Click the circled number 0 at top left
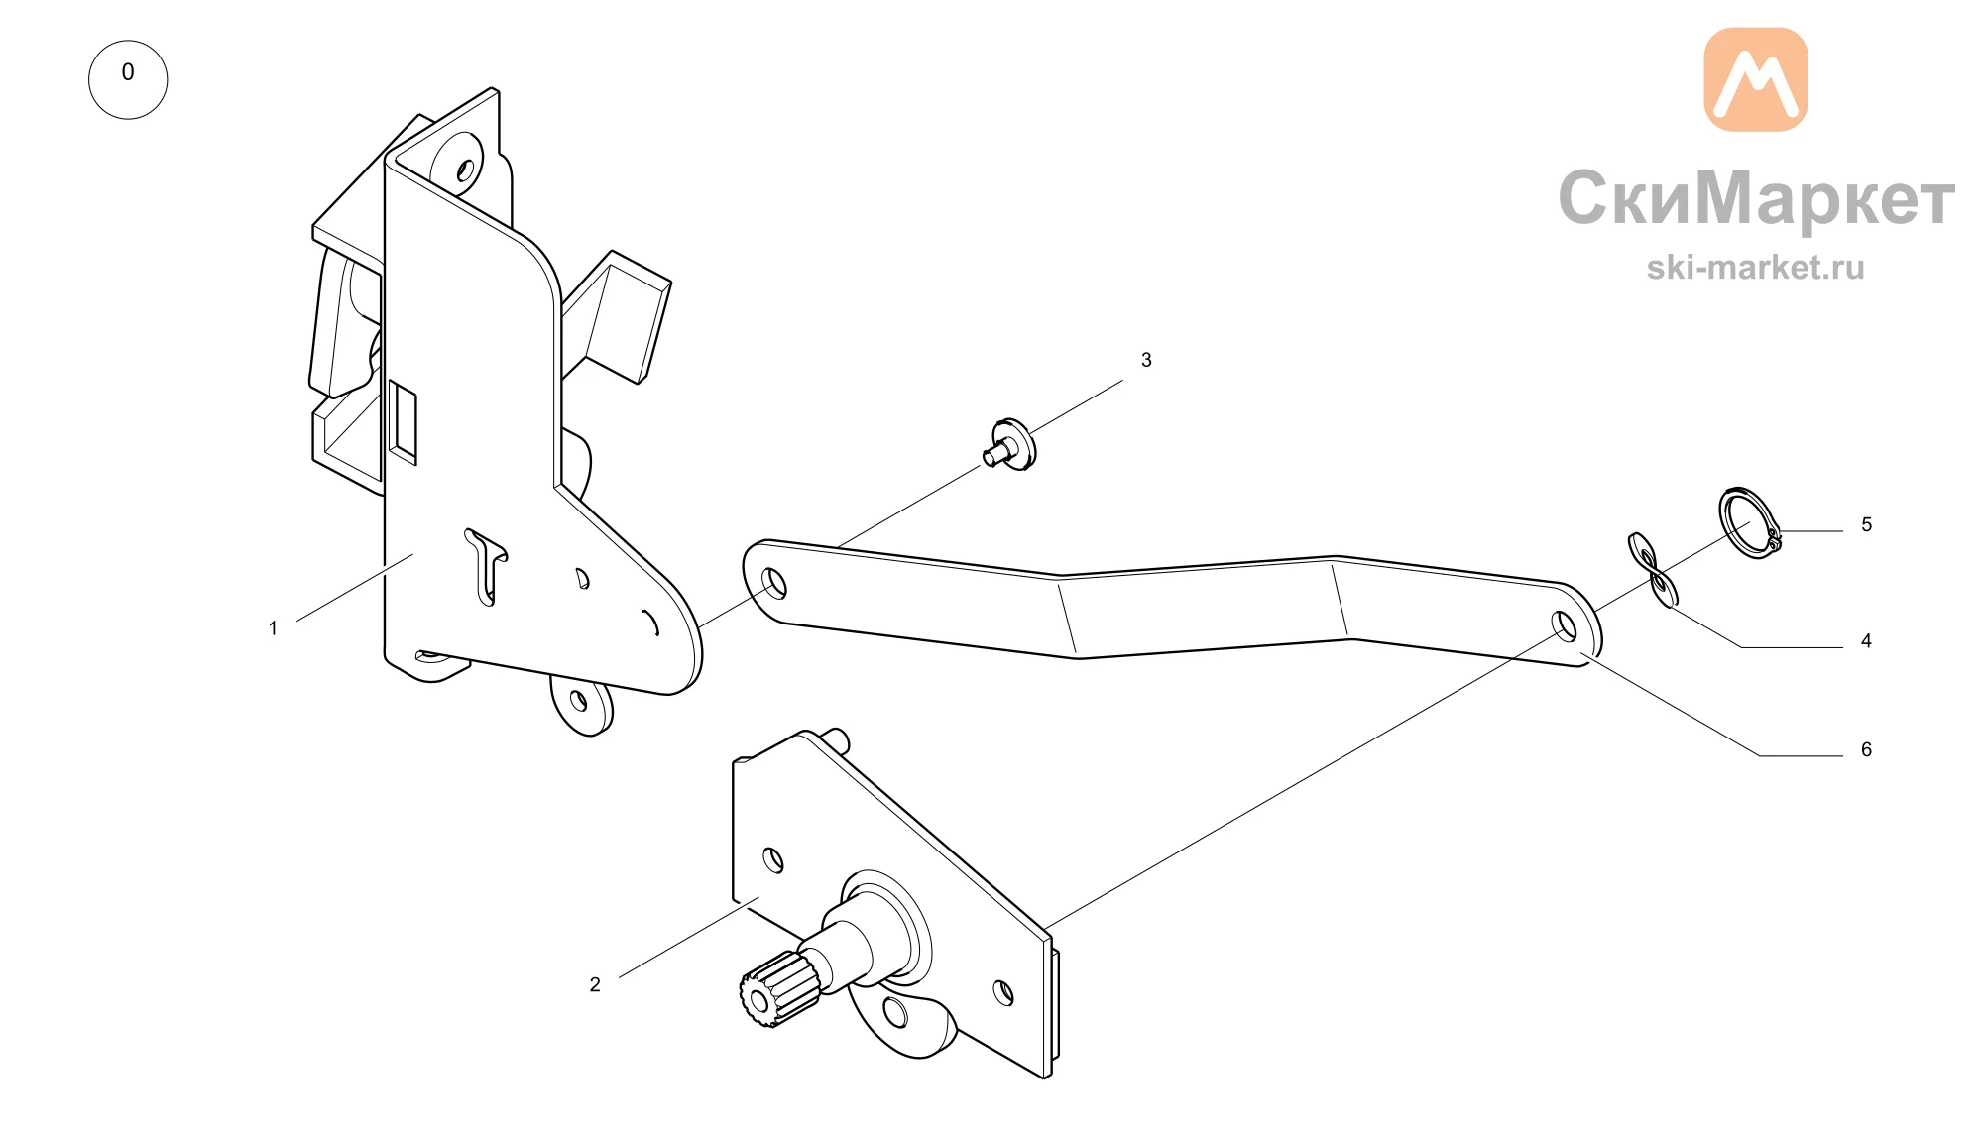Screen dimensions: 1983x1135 [128, 79]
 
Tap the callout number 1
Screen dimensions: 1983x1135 [273, 628]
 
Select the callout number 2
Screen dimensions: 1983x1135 [595, 984]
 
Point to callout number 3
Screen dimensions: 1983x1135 [1146, 360]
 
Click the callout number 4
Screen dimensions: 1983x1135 [1866, 641]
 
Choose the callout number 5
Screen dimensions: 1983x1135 [1866, 524]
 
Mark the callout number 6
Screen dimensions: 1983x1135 [1866, 749]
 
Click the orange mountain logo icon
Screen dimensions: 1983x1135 [1756, 79]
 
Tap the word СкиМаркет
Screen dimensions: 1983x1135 [1756, 198]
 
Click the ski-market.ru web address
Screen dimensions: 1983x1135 [1756, 267]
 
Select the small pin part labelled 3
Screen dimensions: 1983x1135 [1010, 445]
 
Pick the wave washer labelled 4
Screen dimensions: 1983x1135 [1654, 569]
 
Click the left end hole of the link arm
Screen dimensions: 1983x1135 [774, 583]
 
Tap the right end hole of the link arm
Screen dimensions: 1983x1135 [1566, 626]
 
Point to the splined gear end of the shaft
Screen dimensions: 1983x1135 [776, 988]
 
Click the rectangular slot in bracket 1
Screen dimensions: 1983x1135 [402, 422]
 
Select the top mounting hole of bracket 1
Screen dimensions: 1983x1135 [465, 170]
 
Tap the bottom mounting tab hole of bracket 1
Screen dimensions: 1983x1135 [579, 702]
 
